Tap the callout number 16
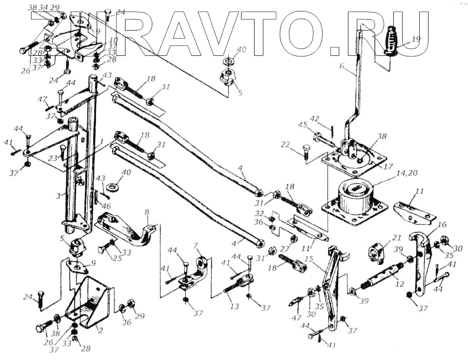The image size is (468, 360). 442,225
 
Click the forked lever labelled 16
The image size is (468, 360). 420,263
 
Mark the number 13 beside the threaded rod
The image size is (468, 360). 234,307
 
